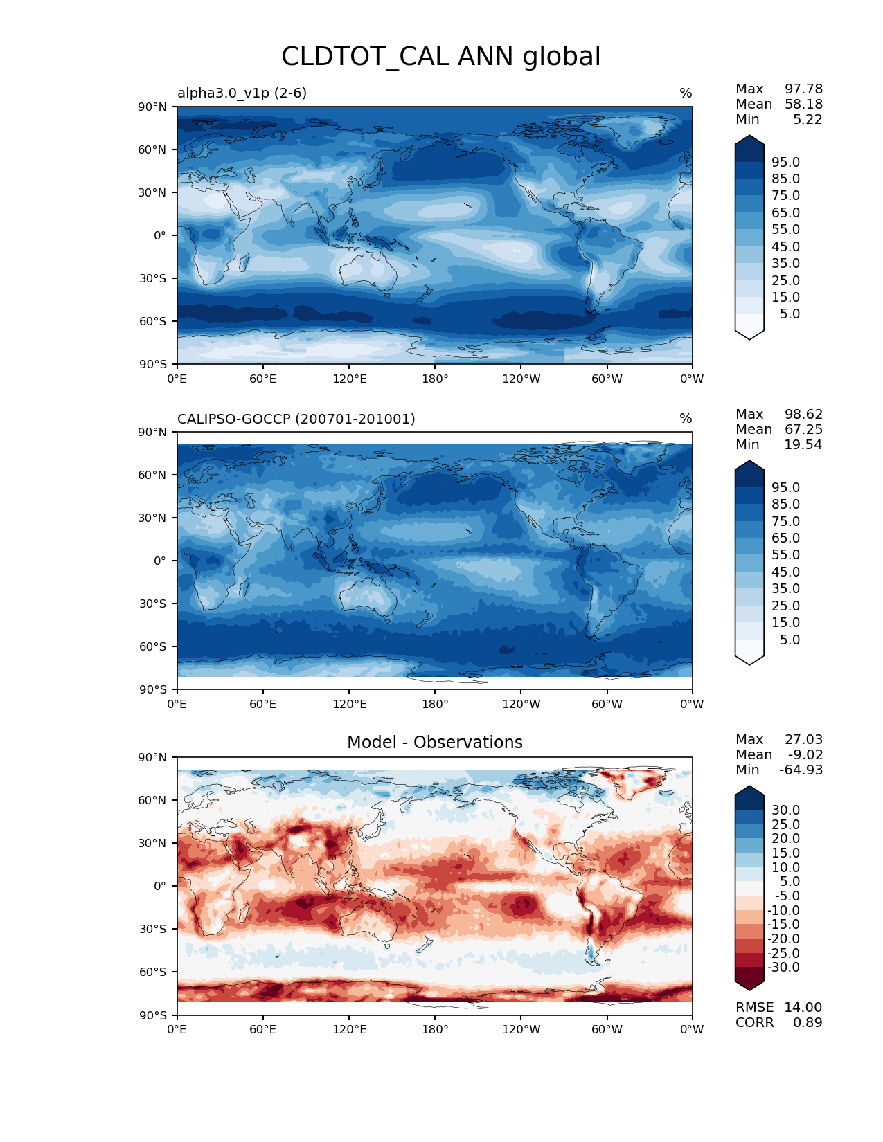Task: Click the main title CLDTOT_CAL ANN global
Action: click(x=441, y=57)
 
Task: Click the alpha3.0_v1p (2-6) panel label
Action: click(x=242, y=93)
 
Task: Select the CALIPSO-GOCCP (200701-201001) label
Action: click(x=296, y=419)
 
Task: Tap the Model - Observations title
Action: click(x=435, y=743)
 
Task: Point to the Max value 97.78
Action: click(x=803, y=89)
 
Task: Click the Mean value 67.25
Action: click(x=803, y=430)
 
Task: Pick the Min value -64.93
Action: click(x=801, y=770)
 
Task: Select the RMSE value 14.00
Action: click(x=803, y=1008)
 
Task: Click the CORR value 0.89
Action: click(x=808, y=1023)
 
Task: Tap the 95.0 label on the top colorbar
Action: click(x=786, y=162)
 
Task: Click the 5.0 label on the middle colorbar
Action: click(x=790, y=640)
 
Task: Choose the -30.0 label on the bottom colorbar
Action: click(x=784, y=968)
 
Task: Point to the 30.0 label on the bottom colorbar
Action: click(x=786, y=810)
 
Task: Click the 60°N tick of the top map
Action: click(x=153, y=149)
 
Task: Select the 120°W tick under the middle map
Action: click(x=521, y=705)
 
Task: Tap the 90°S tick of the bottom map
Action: click(x=153, y=1015)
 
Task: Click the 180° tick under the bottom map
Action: click(x=435, y=1030)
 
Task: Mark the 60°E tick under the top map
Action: click(x=263, y=379)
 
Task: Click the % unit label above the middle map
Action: click(x=686, y=419)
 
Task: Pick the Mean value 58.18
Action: click(x=803, y=105)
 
